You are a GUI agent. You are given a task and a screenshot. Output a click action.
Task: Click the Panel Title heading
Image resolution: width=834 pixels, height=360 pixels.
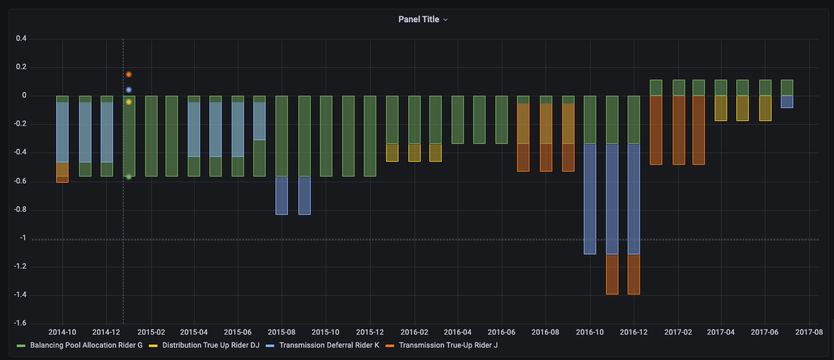pos(419,19)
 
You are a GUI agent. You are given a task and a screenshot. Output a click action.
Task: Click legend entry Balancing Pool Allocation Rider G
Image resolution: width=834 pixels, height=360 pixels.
pos(86,345)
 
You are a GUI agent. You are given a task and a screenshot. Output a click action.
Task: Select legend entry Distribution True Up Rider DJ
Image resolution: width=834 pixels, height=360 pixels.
pos(211,345)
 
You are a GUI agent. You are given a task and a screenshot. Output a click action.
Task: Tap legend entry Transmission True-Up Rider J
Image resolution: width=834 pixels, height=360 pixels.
pos(448,345)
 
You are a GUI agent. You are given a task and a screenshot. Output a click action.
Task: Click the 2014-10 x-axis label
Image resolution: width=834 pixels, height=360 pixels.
pos(62,332)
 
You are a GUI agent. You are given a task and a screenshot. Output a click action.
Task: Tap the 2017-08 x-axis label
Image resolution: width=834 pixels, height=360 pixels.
pos(809,332)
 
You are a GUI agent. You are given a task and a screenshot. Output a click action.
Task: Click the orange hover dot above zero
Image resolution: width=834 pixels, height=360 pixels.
pos(128,74)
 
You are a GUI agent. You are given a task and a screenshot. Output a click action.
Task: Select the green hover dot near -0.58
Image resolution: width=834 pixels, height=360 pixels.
pos(128,177)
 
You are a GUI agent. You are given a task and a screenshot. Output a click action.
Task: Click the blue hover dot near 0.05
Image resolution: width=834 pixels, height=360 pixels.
pos(128,90)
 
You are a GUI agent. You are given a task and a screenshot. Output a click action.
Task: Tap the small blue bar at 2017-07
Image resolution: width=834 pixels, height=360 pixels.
pos(787,102)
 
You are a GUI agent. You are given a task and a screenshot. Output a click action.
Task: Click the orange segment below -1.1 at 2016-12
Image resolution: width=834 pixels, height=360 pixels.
pos(634,274)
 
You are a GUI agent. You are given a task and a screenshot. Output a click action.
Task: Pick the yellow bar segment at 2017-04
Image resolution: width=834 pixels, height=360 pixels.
pos(721,108)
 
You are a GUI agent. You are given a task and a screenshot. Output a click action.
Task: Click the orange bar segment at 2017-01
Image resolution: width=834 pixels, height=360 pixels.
pos(656,130)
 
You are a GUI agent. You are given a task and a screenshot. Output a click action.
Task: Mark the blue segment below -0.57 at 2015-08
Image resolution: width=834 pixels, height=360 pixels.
pos(282,195)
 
